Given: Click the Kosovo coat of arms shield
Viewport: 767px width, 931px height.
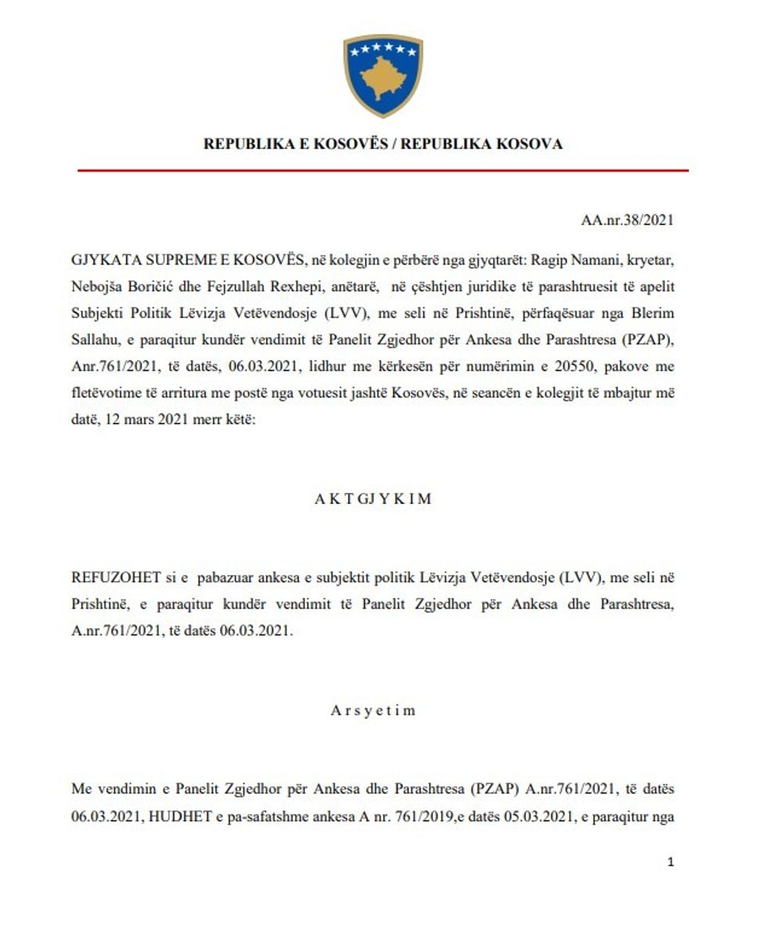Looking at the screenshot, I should pyautogui.click(x=383, y=75).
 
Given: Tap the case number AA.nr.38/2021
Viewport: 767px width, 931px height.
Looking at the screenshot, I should pyautogui.click(x=627, y=221).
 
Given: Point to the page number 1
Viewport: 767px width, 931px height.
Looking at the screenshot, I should pyautogui.click(x=670, y=862).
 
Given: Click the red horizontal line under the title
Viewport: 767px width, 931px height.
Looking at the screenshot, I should pyautogui.click(x=383, y=170).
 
